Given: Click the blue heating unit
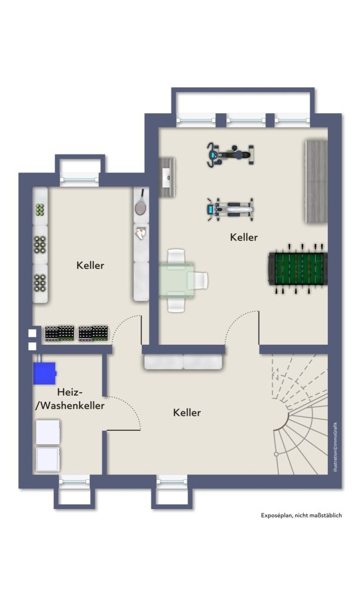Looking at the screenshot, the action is [x=44, y=373].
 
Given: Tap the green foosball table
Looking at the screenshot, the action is [x=298, y=268].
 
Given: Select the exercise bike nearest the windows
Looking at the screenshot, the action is [x=230, y=155].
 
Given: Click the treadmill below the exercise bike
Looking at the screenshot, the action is [x=230, y=209].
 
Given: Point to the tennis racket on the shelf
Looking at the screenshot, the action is [x=141, y=203].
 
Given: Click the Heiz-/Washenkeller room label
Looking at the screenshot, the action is [x=70, y=399].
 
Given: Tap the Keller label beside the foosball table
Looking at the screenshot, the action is [x=244, y=237].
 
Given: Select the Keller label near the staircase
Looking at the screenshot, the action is [x=187, y=412].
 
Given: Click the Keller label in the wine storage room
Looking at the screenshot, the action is [x=90, y=265].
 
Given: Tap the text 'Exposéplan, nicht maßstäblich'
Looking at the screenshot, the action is [x=301, y=515].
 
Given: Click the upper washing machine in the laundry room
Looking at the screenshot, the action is [x=48, y=432].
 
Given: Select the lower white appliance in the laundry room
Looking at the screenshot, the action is [x=48, y=459].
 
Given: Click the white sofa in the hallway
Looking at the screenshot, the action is [x=183, y=362].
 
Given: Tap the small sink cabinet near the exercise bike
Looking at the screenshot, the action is [x=167, y=178].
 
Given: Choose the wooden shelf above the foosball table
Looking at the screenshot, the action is [x=316, y=181].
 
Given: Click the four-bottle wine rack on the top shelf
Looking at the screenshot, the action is [x=40, y=210].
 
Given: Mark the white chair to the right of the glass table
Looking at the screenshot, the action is [x=200, y=280].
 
